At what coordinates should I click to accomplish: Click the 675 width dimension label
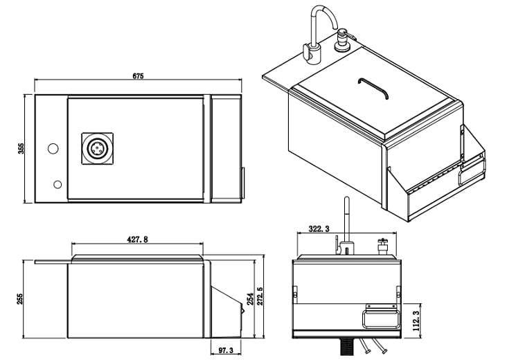click(x=138, y=76)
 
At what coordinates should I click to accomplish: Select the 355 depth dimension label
click(x=21, y=149)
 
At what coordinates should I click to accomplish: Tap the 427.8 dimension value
click(x=137, y=240)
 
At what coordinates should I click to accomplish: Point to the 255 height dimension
click(x=21, y=299)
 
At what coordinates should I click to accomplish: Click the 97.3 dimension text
click(x=225, y=350)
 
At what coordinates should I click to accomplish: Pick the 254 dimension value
click(x=250, y=299)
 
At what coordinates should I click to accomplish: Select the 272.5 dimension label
click(x=260, y=296)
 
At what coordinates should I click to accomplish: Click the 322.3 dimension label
click(x=319, y=229)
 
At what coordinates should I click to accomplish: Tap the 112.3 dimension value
click(x=417, y=321)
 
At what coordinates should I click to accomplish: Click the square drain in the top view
click(x=98, y=149)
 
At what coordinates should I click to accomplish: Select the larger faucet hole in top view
click(x=53, y=149)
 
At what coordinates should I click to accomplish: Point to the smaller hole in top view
click(x=57, y=185)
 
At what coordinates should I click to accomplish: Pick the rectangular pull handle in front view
click(x=380, y=319)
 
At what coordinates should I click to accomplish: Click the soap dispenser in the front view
click(x=383, y=246)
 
